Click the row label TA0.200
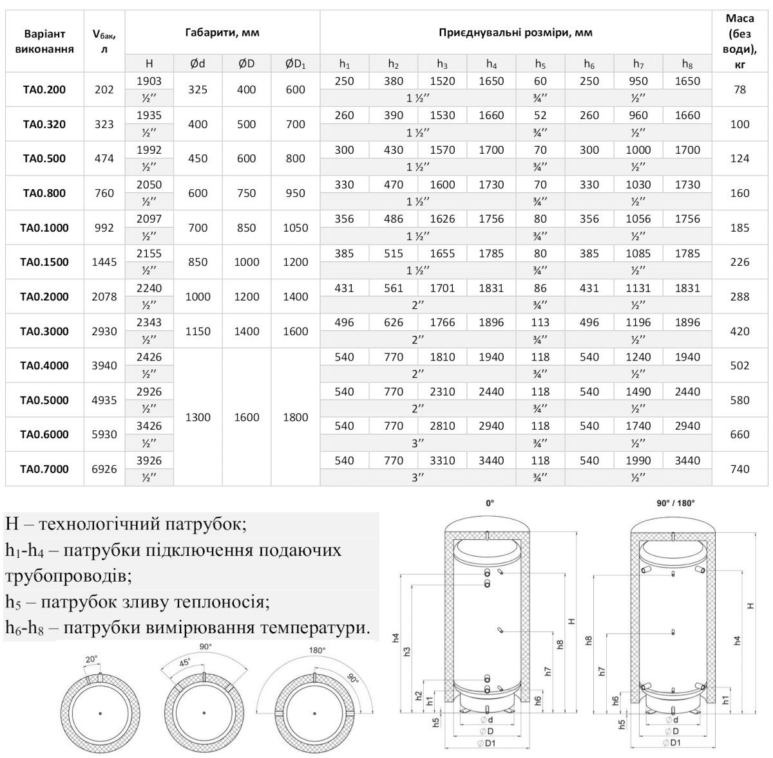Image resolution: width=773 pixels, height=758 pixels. pyautogui.click(x=44, y=89)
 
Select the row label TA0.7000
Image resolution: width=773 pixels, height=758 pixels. pyautogui.click(x=44, y=469)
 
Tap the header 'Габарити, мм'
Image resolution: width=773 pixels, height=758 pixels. pyautogui.click(x=222, y=32)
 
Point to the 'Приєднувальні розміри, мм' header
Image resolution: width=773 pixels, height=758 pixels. pyautogui.click(x=515, y=32)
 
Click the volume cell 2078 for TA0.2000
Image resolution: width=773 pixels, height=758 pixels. pyautogui.click(x=104, y=297)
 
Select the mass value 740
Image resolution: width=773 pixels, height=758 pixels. pyautogui.click(x=740, y=469)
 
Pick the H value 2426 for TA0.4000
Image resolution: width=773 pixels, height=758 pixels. pyautogui.click(x=149, y=357)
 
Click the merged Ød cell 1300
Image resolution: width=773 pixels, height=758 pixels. pyautogui.click(x=198, y=417)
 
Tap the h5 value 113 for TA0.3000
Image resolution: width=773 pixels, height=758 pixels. pyautogui.click(x=540, y=322)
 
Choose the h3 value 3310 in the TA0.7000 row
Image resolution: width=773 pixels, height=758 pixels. pyautogui.click(x=442, y=461)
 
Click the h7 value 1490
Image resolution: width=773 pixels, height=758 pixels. pyautogui.click(x=638, y=392)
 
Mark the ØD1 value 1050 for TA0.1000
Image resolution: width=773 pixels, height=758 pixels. pyautogui.click(x=295, y=228)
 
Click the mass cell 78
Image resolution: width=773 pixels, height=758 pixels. pyautogui.click(x=740, y=89)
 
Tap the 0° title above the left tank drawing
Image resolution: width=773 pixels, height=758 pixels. pyautogui.click(x=490, y=504)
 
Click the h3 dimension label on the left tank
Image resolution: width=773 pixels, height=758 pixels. pyautogui.click(x=407, y=651)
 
